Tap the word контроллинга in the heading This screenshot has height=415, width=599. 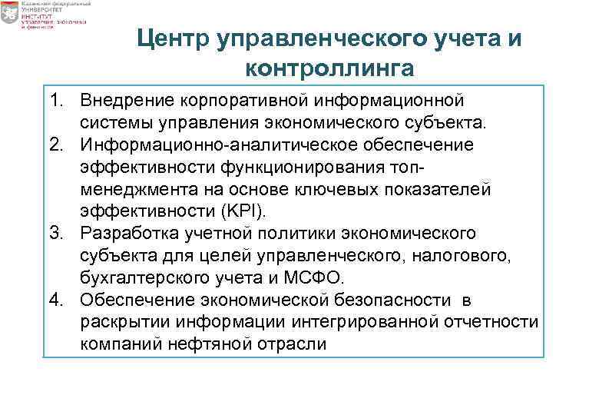pyautogui.click(x=330, y=68)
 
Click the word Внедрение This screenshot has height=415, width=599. pyautogui.click(x=126, y=101)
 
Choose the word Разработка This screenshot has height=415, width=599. pyautogui.click(x=127, y=232)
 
